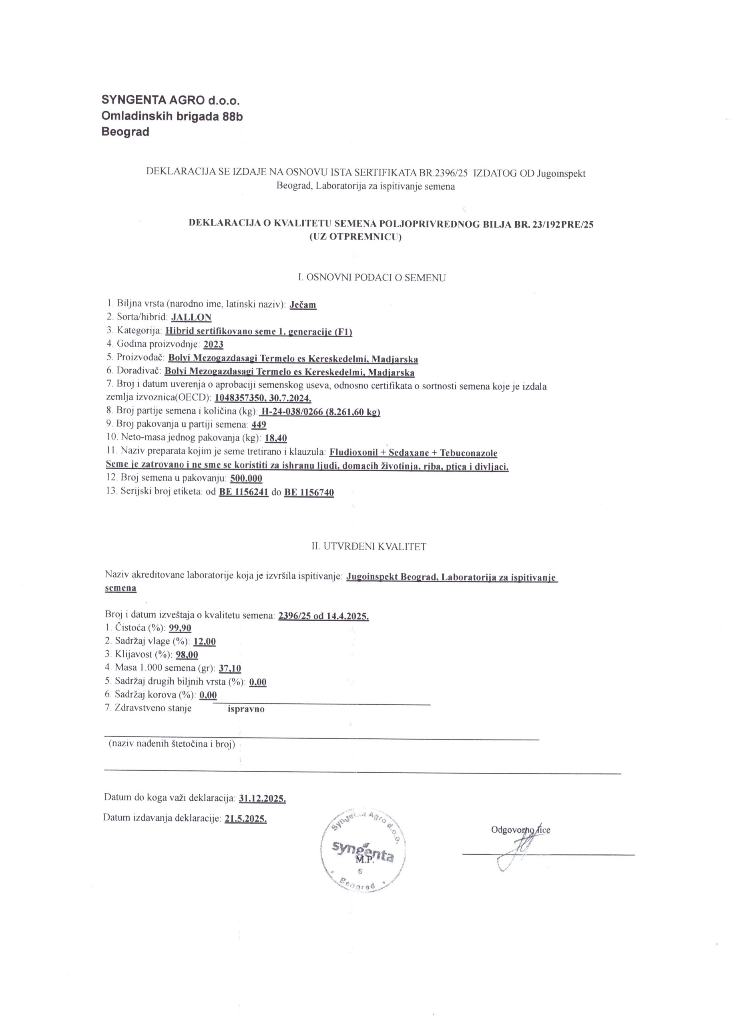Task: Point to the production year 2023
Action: click(x=213, y=344)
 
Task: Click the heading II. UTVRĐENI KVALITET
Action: click(x=369, y=546)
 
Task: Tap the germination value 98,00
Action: click(x=187, y=655)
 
